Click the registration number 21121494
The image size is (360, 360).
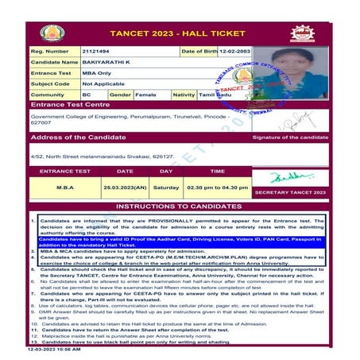pos(96,51)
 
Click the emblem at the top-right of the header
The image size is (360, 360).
pos(302,33)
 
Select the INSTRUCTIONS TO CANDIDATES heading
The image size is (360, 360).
pos(180,206)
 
